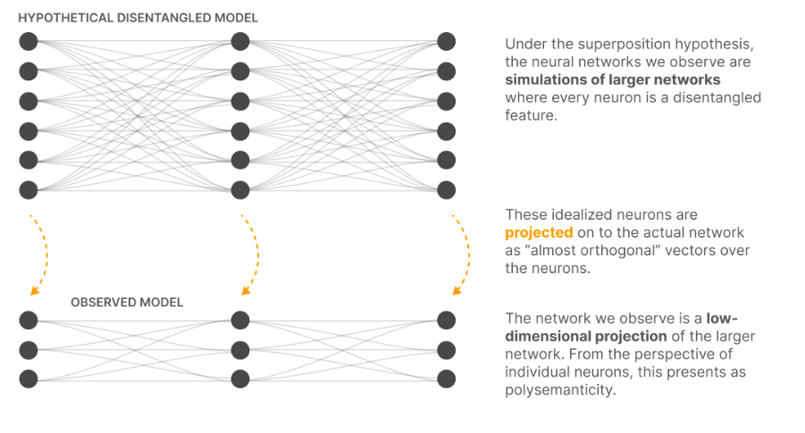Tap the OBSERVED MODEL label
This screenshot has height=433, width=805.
pyautogui.click(x=127, y=303)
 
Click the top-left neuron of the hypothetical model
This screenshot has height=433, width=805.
pyautogui.click(x=29, y=41)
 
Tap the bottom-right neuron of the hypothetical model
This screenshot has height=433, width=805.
pyautogui.click(x=446, y=189)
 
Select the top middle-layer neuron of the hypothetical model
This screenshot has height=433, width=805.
pyautogui.click(x=239, y=41)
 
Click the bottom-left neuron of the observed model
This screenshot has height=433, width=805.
pyautogui.click(x=29, y=379)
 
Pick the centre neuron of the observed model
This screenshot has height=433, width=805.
pyautogui.click(x=239, y=349)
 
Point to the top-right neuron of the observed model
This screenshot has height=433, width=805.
pyautogui.click(x=446, y=320)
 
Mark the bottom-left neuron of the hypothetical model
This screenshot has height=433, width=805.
pyautogui.click(x=29, y=189)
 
